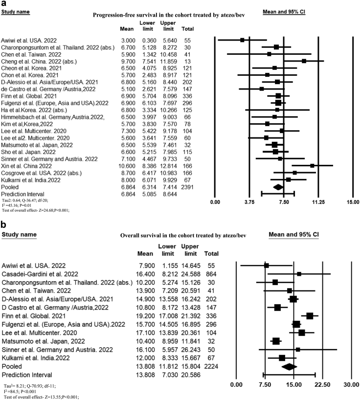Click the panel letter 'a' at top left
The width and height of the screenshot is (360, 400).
[3, 4]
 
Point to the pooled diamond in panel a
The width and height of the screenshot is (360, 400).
[278, 186]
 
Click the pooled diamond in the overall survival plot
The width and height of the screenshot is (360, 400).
[289, 366]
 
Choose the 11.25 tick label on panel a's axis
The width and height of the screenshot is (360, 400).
[318, 202]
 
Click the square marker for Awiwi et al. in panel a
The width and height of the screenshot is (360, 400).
[242, 40]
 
